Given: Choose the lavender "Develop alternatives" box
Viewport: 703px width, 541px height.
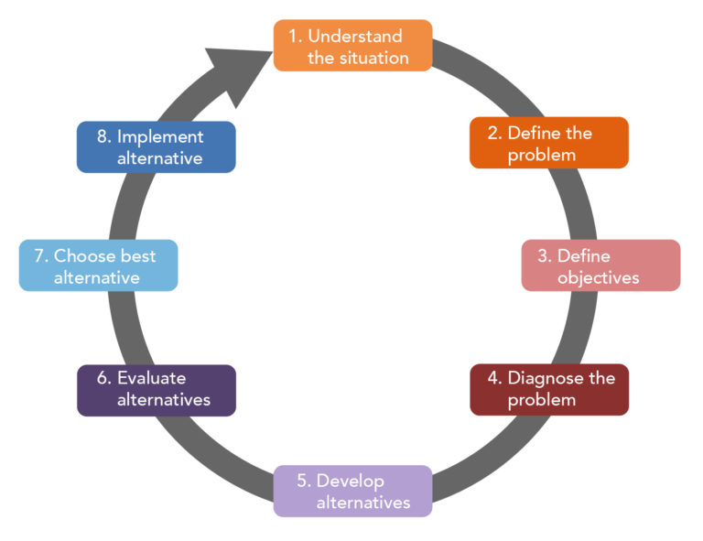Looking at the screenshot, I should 352,492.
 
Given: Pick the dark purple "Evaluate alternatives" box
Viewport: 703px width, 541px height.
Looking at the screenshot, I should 156,390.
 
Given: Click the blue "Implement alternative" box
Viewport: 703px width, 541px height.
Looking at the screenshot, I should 156,147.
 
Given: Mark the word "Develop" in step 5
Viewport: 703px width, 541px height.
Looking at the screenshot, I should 352,481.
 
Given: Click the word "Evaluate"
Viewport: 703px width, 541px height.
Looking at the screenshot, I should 151,378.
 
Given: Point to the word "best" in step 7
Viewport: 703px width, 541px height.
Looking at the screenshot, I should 137,256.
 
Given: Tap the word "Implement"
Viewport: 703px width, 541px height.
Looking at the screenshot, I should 160,137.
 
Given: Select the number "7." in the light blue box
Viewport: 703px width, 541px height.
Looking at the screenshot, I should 40,256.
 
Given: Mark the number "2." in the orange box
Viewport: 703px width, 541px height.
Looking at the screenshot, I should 494,133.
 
